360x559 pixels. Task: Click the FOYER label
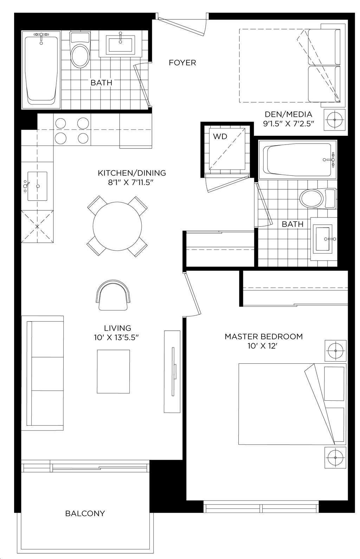point(182,62)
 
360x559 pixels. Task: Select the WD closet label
point(220,136)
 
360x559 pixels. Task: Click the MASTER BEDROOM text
point(264,336)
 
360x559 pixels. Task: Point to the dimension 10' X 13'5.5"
point(116,338)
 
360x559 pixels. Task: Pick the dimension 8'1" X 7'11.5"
point(130,183)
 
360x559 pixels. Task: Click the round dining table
point(117,226)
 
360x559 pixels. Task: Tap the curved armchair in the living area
point(113,295)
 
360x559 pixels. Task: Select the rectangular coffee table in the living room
point(113,371)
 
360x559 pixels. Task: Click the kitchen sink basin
point(37,186)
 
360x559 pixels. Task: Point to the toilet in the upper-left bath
point(80,49)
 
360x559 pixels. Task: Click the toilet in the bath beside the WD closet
point(317,199)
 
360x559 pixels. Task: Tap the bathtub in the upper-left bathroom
point(41,70)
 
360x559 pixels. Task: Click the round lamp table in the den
point(335,120)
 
